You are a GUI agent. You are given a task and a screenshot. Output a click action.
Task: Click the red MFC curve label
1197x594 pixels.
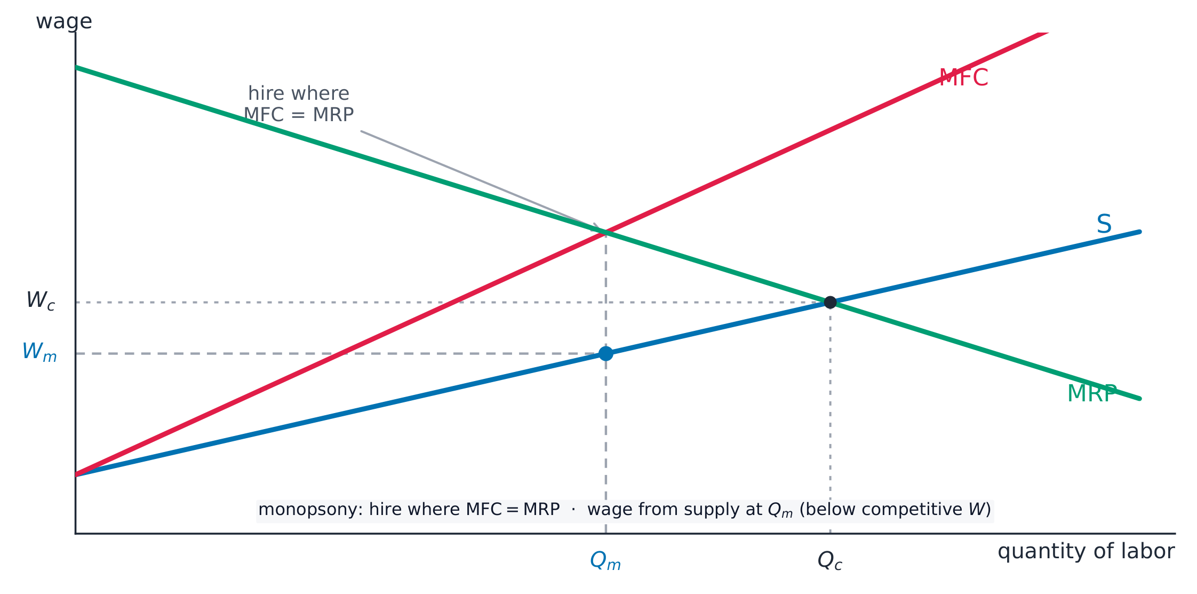(x=963, y=78)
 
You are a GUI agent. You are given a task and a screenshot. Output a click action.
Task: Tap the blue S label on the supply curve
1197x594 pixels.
(x=1104, y=224)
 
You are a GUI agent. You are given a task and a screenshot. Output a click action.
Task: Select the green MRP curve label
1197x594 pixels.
(x=1092, y=394)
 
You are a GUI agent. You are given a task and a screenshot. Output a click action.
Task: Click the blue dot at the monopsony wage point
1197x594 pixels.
(x=606, y=353)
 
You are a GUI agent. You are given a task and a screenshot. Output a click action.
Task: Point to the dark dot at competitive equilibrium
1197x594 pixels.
(x=830, y=303)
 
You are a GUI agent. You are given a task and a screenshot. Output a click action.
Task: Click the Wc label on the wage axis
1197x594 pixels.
(x=41, y=300)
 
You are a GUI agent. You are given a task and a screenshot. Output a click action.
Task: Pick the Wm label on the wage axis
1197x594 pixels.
(x=39, y=352)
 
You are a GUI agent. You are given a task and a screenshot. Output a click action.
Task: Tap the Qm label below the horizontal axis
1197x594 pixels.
(x=605, y=561)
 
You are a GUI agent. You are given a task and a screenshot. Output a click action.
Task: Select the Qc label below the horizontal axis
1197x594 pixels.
(x=830, y=561)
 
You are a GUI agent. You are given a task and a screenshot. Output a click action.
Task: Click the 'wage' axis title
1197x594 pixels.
(x=64, y=22)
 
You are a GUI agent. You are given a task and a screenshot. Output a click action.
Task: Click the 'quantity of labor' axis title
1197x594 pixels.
(x=1086, y=551)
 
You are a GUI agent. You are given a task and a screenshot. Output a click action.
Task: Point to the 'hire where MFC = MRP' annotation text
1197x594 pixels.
(x=299, y=104)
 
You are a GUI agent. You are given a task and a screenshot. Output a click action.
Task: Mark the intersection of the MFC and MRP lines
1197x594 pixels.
(x=606, y=232)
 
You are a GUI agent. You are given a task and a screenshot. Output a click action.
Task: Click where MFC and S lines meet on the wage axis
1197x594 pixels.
(x=76, y=474)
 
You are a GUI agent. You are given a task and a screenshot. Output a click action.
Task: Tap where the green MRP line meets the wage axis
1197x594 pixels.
(x=76, y=67)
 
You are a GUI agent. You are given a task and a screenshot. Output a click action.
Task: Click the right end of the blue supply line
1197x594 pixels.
(x=1140, y=232)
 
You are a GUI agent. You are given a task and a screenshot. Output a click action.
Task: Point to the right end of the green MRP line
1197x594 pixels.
(x=1140, y=399)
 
